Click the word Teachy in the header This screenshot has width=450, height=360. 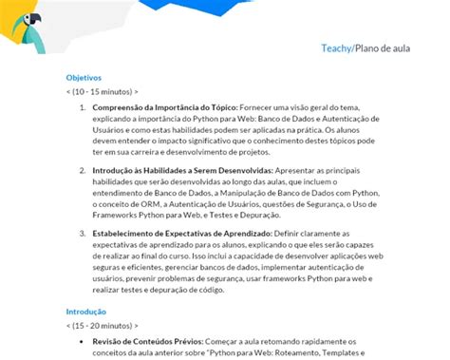tap(336, 47)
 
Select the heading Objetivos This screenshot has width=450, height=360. tap(84, 78)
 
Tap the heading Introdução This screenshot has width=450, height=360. tap(85, 312)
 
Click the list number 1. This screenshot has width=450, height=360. tap(84, 108)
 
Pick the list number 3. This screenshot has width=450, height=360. tap(84, 233)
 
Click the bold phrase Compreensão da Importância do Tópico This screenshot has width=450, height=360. tap(165, 108)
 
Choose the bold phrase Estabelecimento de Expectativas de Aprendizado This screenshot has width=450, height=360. tap(182, 233)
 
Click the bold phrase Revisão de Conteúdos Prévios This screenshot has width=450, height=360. tap(148, 342)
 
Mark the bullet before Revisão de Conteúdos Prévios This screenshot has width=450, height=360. tap(84, 342)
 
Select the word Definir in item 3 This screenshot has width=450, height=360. tap(294, 233)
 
